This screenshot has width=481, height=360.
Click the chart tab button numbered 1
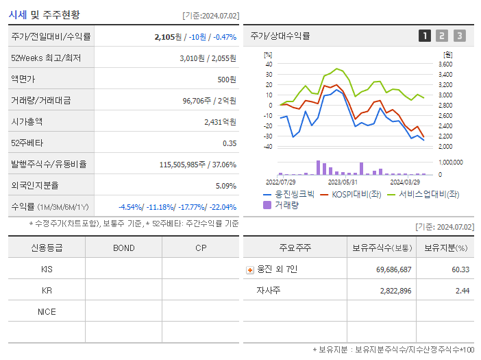pyautogui.click(x=425, y=36)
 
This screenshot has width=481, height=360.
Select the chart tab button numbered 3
pyautogui.click(x=459, y=36)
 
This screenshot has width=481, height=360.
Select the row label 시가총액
pyautogui.click(x=27, y=121)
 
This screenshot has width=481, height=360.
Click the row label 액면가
pyautogui.click(x=23, y=79)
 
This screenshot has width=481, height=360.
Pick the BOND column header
pyautogui.click(x=123, y=248)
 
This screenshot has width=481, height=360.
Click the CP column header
pyautogui.click(x=201, y=248)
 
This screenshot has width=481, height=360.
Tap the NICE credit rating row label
pyautogui.click(x=47, y=311)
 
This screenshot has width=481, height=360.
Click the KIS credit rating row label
pyautogui.click(x=47, y=269)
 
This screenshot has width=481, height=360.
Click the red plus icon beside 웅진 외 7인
pyautogui.click(x=249, y=269)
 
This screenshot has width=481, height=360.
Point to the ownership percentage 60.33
pyautogui.click(x=460, y=269)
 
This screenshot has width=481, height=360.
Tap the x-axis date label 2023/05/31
pyautogui.click(x=343, y=182)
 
